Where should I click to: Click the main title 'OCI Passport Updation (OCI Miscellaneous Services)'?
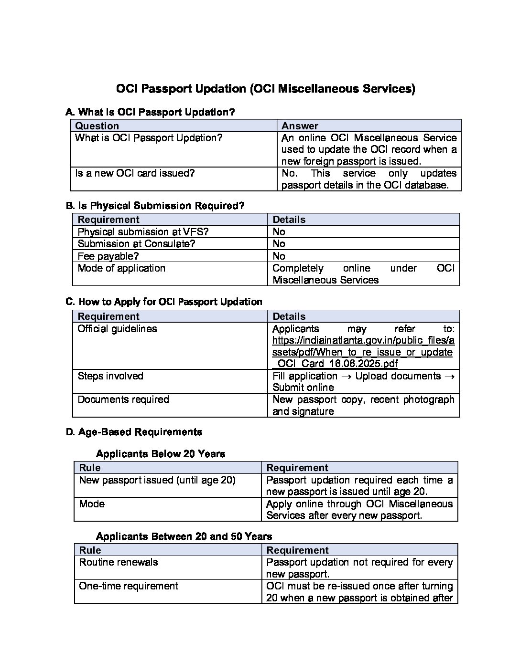coord(266,89)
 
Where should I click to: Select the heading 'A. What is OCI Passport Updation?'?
coord(151,112)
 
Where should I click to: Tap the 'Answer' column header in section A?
coord(300,126)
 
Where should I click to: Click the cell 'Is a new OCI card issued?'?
coord(135,173)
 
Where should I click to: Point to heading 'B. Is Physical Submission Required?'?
coord(155,206)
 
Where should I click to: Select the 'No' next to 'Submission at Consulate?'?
coord(279,244)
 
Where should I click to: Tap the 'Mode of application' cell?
coord(121,268)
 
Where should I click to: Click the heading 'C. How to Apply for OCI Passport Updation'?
coord(164,302)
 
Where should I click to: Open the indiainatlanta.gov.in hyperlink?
coord(363,352)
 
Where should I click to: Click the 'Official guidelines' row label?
coord(117,329)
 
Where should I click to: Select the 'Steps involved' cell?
coord(110,376)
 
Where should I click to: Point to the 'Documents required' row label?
coord(123,399)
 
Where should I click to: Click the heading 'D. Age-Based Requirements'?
coord(134,432)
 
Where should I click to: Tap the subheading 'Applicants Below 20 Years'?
coord(161,453)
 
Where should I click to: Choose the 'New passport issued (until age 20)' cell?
coord(157,480)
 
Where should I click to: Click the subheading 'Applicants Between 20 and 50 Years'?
coord(184,536)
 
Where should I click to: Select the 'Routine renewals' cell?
coord(119,562)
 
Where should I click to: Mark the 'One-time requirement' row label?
coord(129,586)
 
